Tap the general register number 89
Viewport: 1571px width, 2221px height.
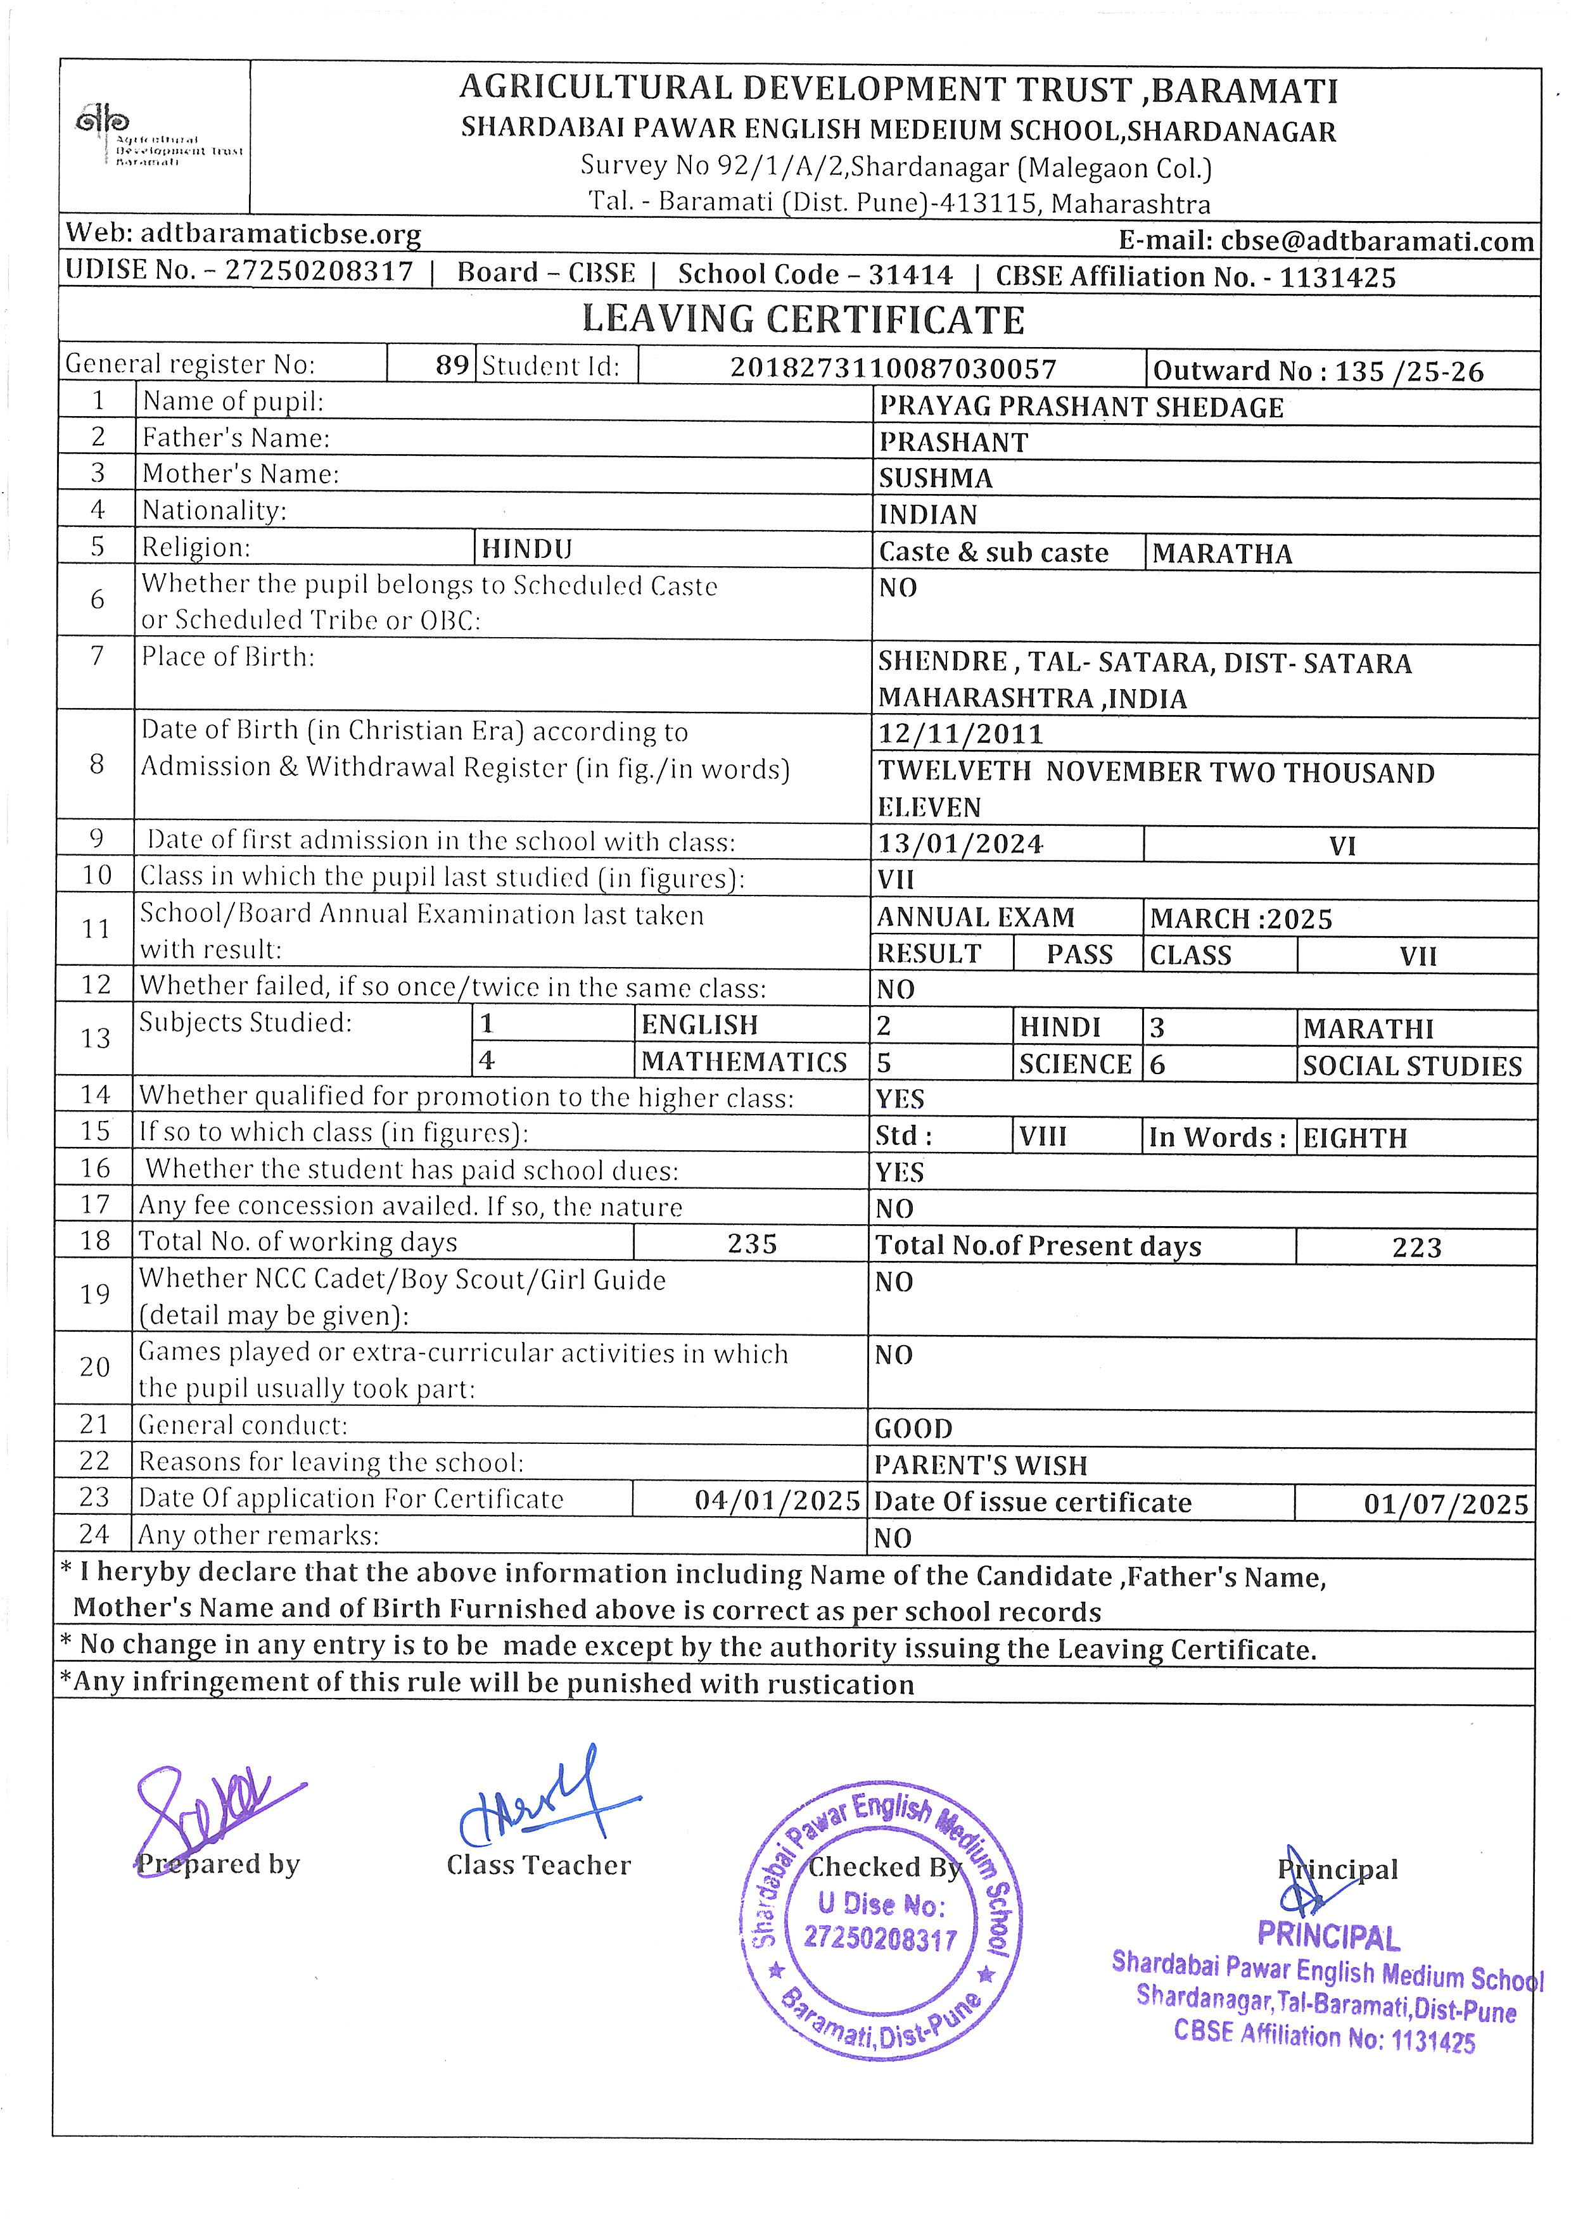point(452,365)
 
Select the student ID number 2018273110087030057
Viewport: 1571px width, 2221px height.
point(893,369)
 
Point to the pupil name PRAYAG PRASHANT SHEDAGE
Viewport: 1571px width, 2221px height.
point(1081,407)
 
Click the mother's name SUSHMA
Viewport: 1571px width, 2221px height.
point(936,479)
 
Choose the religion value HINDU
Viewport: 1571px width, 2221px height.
point(527,550)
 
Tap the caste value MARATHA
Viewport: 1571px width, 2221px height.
point(1222,554)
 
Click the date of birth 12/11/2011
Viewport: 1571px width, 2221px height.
point(960,734)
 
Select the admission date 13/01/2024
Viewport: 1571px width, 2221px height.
point(960,844)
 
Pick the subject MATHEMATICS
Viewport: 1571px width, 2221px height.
point(744,1062)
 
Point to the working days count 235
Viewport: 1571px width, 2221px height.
point(752,1244)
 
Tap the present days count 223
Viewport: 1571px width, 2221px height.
point(1417,1248)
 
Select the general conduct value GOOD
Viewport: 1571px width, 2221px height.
point(913,1429)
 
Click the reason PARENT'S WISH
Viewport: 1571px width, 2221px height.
point(981,1465)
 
